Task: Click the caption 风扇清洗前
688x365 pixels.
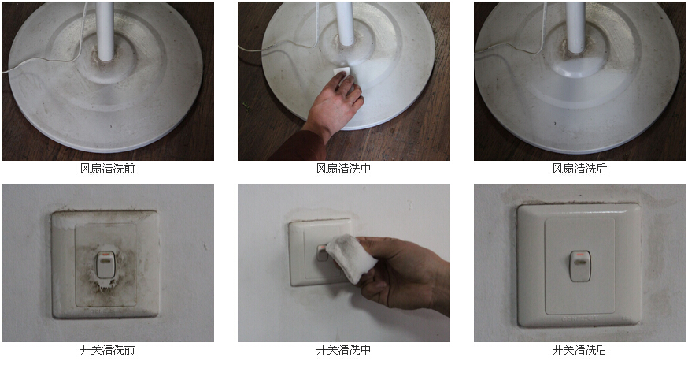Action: point(107,168)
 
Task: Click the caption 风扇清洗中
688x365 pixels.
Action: point(343,168)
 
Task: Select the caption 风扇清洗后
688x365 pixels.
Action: point(579,168)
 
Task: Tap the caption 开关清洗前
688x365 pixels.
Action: point(107,349)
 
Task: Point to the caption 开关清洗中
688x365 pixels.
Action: point(343,349)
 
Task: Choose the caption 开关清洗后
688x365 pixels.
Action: point(579,349)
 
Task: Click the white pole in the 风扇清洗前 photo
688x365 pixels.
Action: point(105,31)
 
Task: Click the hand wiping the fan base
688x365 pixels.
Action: point(335,103)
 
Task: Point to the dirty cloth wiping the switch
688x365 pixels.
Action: point(351,258)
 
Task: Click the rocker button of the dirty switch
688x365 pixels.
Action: point(105,264)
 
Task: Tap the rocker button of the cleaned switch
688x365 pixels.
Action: point(580,266)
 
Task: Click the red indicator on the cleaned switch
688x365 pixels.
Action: point(580,255)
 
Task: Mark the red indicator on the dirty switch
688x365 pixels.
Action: point(105,255)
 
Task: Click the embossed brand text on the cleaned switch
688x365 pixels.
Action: point(579,318)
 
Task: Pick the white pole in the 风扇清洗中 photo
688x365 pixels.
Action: point(345,24)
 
